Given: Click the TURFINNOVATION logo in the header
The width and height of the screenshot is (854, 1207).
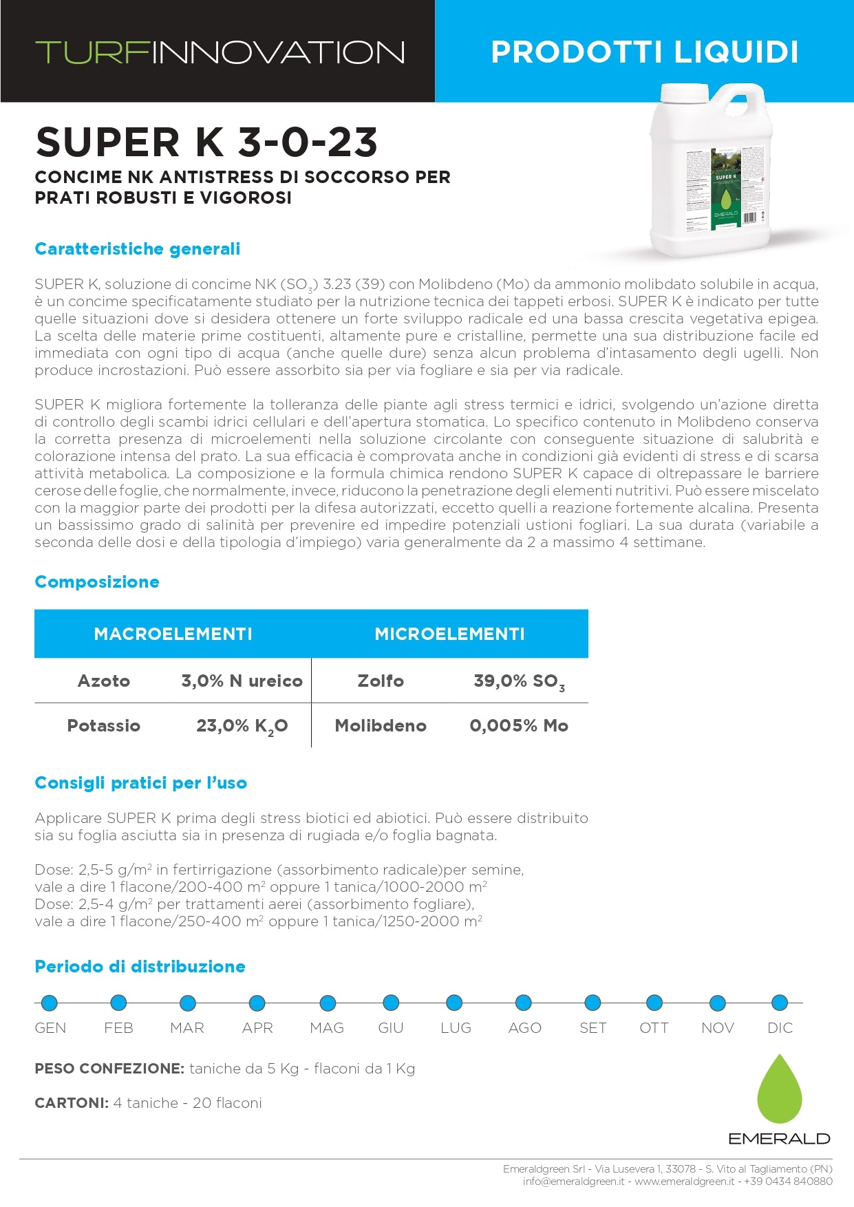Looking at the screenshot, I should [x=220, y=52].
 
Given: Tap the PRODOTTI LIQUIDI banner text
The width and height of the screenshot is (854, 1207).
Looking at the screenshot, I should [x=644, y=52].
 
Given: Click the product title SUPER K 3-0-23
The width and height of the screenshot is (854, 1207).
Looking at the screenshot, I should [x=206, y=142].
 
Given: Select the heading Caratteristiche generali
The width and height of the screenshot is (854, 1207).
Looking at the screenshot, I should [x=138, y=249].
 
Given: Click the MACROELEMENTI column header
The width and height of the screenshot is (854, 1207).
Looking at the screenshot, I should [x=173, y=634].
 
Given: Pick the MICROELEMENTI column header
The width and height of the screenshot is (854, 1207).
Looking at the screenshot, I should [x=449, y=634].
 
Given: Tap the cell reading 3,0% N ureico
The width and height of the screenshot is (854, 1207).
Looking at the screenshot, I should [x=242, y=681].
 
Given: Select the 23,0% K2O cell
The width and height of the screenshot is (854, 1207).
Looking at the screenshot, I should [x=242, y=726].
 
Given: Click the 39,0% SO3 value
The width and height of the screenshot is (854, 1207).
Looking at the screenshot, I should [x=519, y=681].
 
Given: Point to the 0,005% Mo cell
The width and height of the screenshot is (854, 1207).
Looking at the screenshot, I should [x=519, y=726].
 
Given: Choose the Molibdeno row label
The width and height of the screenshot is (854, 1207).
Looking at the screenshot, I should [x=381, y=726].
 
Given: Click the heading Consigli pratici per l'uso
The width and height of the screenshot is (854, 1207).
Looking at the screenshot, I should [x=140, y=783].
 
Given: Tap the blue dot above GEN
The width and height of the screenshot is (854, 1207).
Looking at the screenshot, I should [x=50, y=1003].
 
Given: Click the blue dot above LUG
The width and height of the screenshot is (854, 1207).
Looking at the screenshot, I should [x=454, y=1003].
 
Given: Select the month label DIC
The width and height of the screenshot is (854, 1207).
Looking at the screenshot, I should [x=780, y=1028].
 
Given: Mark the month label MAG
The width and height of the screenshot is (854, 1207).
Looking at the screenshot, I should [x=327, y=1028].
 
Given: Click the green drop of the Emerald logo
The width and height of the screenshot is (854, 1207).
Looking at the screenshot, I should [x=779, y=1091].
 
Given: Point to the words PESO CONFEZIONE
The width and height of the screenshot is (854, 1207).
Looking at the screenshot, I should [x=109, y=1069].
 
